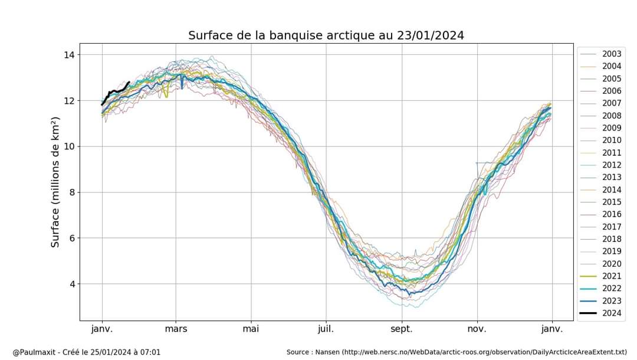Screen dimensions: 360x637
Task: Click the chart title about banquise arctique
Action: click(x=326, y=35)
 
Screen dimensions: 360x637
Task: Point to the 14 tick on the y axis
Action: click(x=68, y=55)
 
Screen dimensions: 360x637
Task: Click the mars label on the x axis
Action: click(x=176, y=328)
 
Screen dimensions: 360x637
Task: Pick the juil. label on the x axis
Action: click(x=326, y=328)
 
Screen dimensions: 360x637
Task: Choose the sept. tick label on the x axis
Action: click(x=402, y=328)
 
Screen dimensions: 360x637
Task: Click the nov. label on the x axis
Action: click(x=477, y=328)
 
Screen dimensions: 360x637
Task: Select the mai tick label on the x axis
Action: click(x=251, y=328)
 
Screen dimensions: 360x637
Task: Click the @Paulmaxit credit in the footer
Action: click(x=86, y=352)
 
